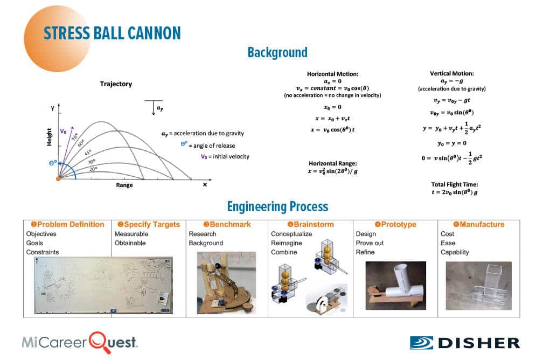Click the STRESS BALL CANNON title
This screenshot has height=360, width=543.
[112, 32]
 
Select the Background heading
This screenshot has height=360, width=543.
[277, 52]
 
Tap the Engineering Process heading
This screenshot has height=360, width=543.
[277, 206]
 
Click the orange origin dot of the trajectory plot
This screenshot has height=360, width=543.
[58, 178]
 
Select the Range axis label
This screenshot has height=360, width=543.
[124, 185]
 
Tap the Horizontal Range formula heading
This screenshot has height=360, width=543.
[333, 163]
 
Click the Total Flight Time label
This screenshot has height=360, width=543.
[451, 184]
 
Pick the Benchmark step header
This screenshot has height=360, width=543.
[226, 224]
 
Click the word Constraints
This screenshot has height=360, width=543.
[43, 252]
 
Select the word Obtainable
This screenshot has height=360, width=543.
[130, 243]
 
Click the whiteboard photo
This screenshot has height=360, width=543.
[103, 285]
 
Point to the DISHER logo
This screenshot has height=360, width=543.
[465, 343]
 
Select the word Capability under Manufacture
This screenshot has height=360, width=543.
[455, 252]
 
